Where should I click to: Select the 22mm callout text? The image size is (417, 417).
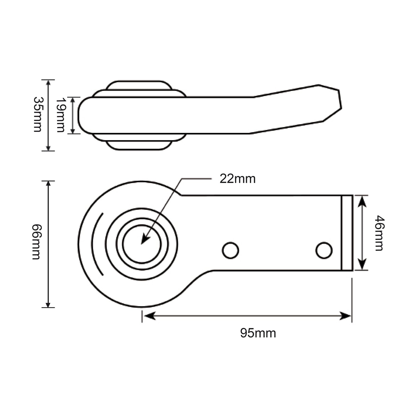237,179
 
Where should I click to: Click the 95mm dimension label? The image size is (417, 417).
258,333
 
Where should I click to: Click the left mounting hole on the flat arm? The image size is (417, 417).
230,250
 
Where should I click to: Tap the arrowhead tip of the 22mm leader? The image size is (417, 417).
142,243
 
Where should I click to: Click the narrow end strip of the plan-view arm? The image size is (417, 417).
347,233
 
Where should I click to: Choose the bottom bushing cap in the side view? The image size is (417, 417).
138,145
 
